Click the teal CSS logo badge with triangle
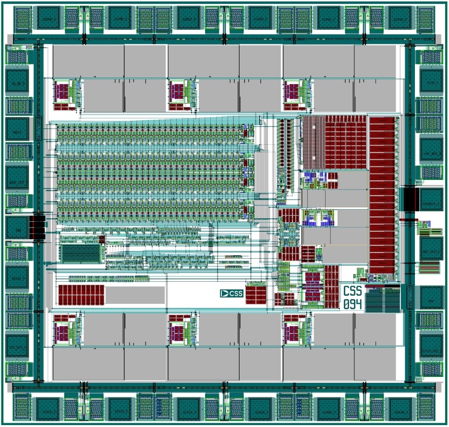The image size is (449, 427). (x=231, y=293)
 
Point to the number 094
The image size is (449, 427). (x=352, y=304)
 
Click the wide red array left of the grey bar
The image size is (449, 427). (x=81, y=295)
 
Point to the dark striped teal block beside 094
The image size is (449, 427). (x=382, y=299)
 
